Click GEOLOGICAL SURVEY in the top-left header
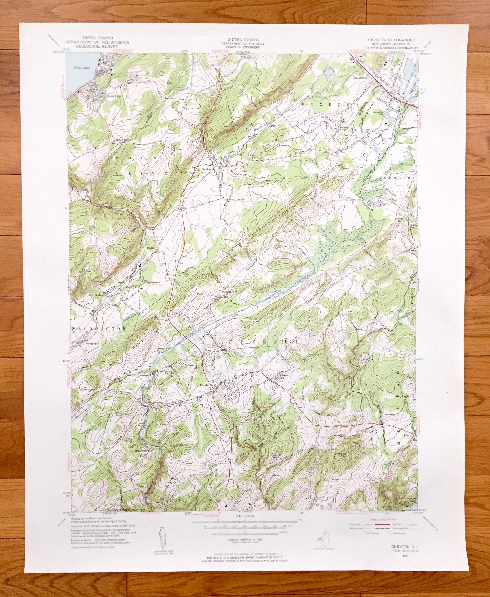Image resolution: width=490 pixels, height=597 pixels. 97,46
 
